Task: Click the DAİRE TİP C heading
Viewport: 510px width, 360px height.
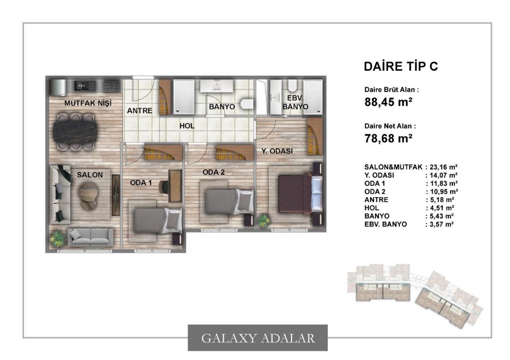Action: coord(401,66)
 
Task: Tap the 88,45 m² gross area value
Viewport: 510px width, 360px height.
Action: coord(388,102)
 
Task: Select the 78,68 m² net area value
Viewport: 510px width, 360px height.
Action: coord(388,138)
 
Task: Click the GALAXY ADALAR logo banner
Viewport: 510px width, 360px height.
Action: coord(257,338)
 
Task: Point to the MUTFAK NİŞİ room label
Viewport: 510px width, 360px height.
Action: coord(88,103)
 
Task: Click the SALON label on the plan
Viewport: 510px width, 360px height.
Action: coord(90,175)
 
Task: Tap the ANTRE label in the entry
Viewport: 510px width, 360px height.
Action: coord(139,111)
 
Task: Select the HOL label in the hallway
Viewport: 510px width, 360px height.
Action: coord(187,126)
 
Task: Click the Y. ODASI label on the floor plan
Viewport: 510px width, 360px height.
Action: coord(277,151)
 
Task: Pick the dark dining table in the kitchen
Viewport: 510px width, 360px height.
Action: coord(75,131)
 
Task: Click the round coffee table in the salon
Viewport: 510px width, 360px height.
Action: coord(88,195)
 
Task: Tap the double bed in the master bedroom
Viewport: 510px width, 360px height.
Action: coord(300,194)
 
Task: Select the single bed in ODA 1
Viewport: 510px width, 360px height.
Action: coord(158,221)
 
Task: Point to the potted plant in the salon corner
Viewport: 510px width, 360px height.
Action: coord(58,239)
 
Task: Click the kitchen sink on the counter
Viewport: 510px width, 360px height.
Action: coord(81,86)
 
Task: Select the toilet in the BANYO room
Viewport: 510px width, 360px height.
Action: coord(247,104)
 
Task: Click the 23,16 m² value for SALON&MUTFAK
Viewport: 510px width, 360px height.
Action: coord(444,167)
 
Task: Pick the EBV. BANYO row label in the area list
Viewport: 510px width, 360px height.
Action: coord(385,224)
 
